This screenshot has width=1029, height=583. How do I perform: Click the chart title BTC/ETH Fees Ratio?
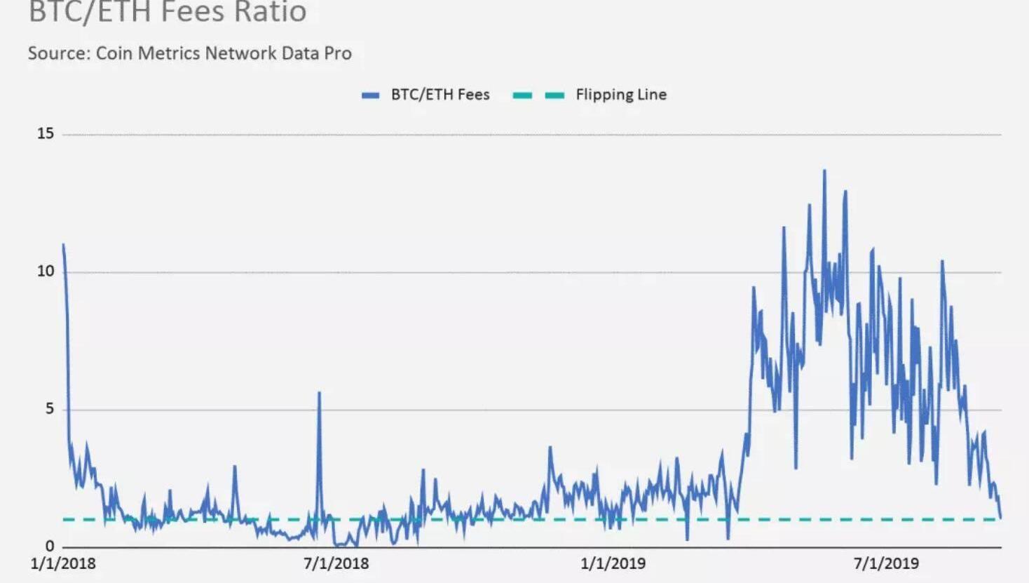(x=167, y=13)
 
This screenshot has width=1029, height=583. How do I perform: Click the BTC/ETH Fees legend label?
(x=440, y=95)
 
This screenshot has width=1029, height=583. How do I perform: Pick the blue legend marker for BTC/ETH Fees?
(x=370, y=95)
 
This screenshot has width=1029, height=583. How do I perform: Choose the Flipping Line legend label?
(x=621, y=95)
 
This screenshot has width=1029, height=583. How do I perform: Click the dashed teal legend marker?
(x=538, y=95)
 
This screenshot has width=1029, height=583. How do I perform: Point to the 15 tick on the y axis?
(x=46, y=133)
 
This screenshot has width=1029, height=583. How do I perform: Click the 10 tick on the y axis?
(x=46, y=271)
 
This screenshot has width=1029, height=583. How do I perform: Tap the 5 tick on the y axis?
(x=49, y=408)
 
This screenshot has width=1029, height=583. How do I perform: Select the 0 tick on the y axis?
(x=49, y=546)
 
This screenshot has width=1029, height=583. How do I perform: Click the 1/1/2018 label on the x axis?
(x=63, y=563)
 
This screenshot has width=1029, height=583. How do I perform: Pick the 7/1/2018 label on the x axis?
(x=336, y=563)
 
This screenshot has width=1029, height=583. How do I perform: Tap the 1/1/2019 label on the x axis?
(x=613, y=563)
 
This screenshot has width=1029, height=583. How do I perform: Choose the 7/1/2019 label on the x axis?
(x=886, y=563)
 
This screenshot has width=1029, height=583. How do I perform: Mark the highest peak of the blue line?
(x=824, y=170)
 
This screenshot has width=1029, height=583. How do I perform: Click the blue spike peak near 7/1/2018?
(x=319, y=393)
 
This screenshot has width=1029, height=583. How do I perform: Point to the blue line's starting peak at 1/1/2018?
(x=63, y=245)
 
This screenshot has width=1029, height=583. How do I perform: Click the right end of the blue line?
(x=1000, y=518)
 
